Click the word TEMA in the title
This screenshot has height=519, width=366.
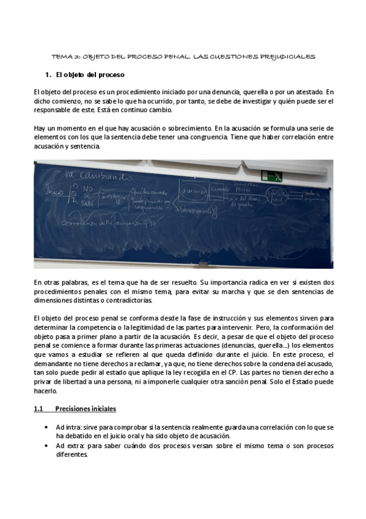click(x=60, y=56)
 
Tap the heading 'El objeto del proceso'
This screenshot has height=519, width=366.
click(x=90, y=75)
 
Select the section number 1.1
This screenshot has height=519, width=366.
click(x=38, y=409)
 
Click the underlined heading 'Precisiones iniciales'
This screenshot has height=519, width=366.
click(x=86, y=409)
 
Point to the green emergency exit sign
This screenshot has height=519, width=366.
click(x=271, y=176)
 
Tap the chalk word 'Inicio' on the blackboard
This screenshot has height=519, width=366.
click(x=56, y=192)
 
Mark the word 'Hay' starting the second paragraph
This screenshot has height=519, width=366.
click(x=40, y=128)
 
